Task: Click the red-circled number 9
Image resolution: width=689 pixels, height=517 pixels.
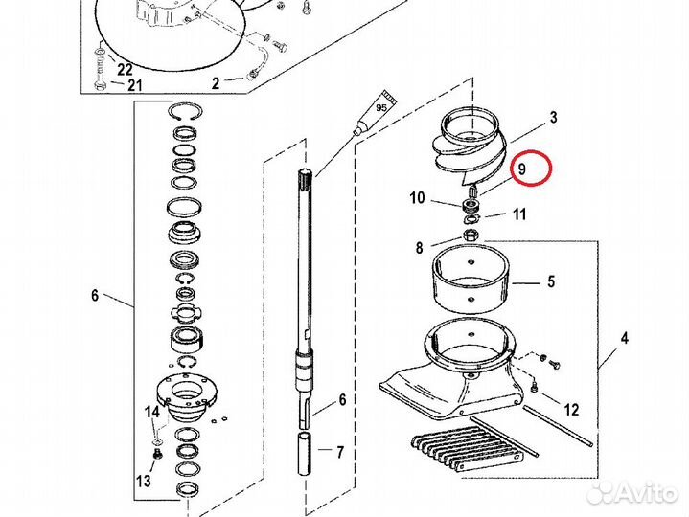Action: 521,169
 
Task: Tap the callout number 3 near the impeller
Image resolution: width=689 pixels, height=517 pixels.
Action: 553,117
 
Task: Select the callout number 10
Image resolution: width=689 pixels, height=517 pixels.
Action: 418,198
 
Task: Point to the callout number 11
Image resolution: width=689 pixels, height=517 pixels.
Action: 519,214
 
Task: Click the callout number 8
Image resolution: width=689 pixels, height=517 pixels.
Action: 419,248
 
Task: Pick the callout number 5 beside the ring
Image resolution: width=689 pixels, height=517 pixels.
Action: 551,281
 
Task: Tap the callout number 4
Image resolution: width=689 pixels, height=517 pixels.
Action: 625,338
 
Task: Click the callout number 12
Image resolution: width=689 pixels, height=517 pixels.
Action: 571,410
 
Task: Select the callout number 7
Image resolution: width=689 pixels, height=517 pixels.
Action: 339,452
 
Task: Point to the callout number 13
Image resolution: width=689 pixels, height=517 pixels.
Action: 144,481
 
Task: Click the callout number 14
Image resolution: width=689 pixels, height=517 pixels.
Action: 152,412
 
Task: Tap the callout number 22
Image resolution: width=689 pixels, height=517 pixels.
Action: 125,69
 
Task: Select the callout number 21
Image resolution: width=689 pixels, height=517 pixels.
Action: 135,84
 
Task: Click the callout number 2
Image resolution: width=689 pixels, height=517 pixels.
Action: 216,83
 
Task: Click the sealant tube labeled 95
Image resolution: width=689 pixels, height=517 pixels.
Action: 377,112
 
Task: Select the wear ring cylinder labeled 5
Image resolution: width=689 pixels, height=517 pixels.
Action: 471,279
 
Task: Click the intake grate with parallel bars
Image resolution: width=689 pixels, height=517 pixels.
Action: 467,451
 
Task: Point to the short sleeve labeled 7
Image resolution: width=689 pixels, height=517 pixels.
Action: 305,454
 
